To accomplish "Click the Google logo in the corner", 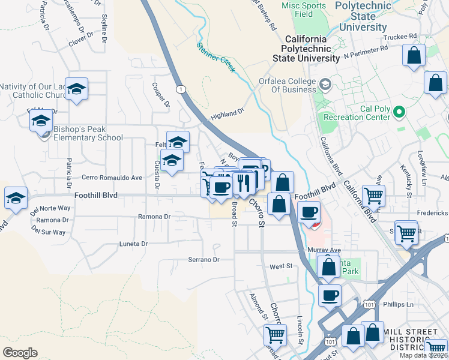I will [20, 352].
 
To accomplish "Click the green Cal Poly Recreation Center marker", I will [397, 112].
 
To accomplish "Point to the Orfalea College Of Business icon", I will [326, 83].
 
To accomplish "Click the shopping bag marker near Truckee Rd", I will [415, 56].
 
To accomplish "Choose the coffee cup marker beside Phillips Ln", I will [329, 295].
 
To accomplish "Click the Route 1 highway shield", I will [180, 89].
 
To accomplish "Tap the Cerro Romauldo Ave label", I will [112, 178].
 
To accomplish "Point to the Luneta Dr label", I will [134, 244].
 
